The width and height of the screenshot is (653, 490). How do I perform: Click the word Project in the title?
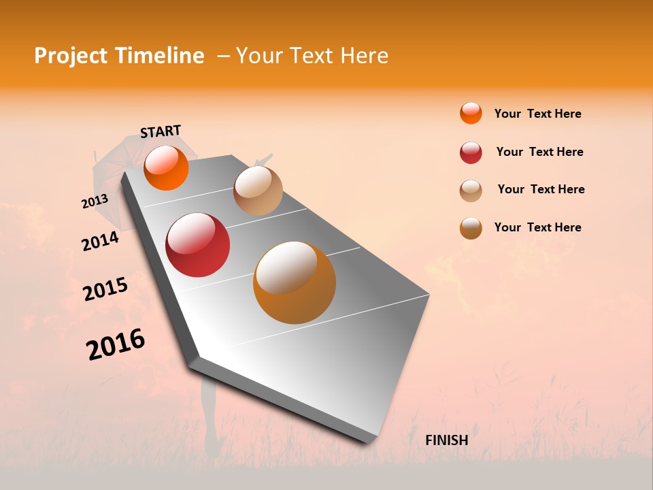pos(71,56)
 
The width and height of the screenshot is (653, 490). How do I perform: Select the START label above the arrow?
pos(161,131)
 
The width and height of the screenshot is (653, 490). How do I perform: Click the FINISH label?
pos(446,440)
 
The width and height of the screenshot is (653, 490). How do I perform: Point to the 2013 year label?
pos(95,201)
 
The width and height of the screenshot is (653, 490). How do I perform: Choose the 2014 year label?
pos(100,241)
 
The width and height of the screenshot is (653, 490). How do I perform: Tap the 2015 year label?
pos(105,289)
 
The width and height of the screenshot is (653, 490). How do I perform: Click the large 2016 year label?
pos(116,344)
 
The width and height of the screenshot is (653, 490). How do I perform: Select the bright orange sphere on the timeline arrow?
pos(166,167)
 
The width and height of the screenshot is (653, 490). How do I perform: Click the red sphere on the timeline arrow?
pos(198,245)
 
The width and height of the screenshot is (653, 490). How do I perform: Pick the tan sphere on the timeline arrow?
pos(258,191)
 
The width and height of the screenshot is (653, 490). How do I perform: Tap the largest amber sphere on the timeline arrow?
pos(295,282)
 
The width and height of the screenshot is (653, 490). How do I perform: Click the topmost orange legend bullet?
pos(471,113)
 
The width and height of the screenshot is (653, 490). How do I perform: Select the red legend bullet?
pos(471,152)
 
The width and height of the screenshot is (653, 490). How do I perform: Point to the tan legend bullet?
pos(471,191)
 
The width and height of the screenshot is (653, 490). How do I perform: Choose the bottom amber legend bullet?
pos(471,228)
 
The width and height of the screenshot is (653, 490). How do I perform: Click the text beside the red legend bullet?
pos(539,152)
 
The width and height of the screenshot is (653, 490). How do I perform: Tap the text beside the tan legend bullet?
pos(541,189)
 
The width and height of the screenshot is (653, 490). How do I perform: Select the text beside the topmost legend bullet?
pos(537,114)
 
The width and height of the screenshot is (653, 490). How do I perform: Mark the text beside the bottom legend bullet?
pos(537,227)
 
